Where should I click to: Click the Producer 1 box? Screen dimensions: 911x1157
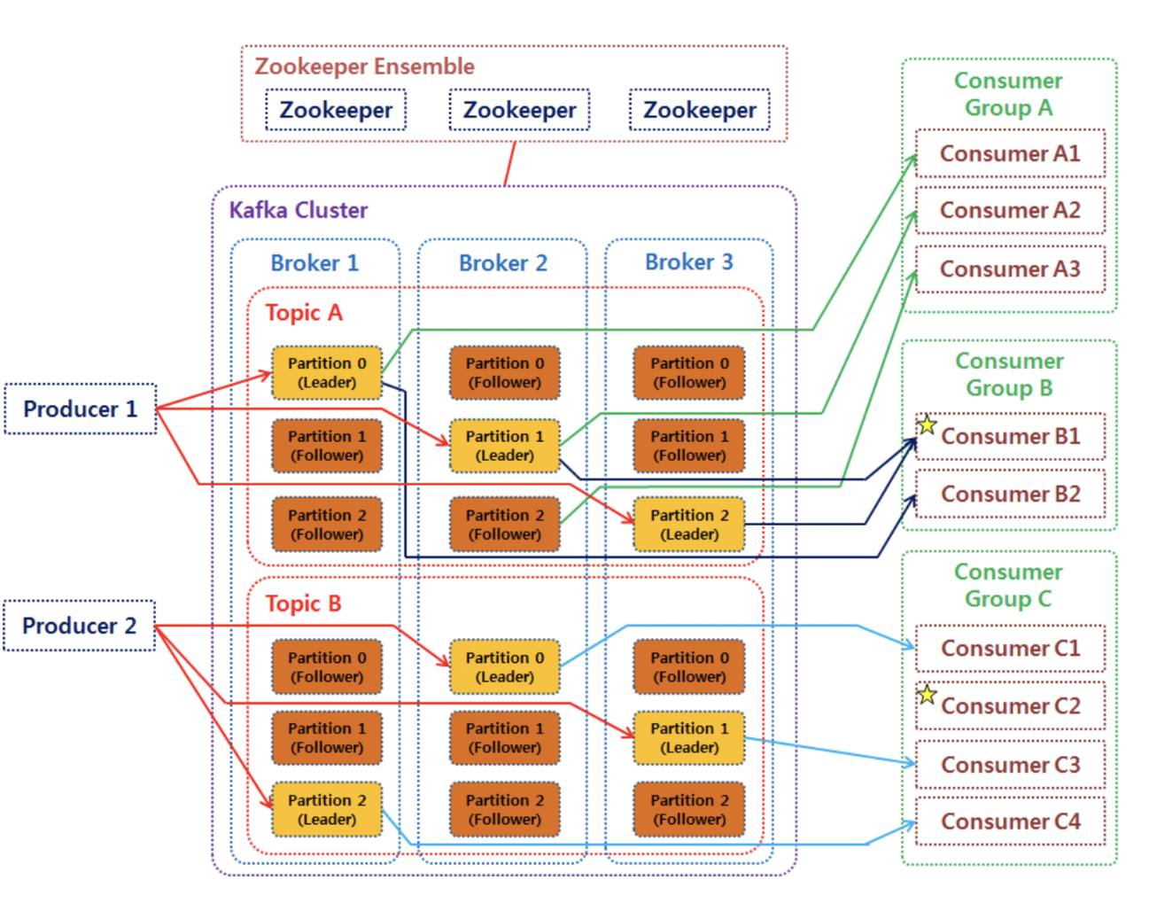tap(81, 409)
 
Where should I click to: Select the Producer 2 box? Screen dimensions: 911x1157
tap(80, 626)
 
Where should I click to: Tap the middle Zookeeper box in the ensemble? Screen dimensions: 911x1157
tap(519, 110)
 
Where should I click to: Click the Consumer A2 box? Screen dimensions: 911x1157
tap(1010, 210)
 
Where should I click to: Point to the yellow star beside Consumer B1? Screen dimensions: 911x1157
tap(927, 424)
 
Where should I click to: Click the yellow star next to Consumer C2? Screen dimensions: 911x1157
tap(927, 694)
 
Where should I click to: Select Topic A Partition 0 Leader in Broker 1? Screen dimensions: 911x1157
tap(327, 373)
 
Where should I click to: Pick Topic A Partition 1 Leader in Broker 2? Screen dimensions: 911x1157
tap(505, 446)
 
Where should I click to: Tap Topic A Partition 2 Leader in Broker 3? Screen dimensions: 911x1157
tap(689, 525)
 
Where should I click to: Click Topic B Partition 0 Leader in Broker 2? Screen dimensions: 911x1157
tap(505, 667)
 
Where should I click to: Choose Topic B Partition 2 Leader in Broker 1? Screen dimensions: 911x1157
tap(327, 809)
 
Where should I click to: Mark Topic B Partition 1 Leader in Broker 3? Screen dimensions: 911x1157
tap(689, 737)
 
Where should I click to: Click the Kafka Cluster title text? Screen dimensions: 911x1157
tap(299, 210)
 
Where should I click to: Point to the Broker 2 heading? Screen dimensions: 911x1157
tap(502, 263)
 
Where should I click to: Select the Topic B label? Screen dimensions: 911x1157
tap(303, 603)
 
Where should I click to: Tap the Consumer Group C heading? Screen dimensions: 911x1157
tap(1008, 585)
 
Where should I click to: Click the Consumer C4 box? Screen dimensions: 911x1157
tap(1010, 821)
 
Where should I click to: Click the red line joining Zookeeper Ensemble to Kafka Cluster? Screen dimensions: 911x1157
tap(509, 164)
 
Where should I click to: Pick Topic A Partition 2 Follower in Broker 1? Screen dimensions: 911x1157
tap(327, 525)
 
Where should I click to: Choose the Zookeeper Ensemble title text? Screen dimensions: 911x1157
tap(364, 66)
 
